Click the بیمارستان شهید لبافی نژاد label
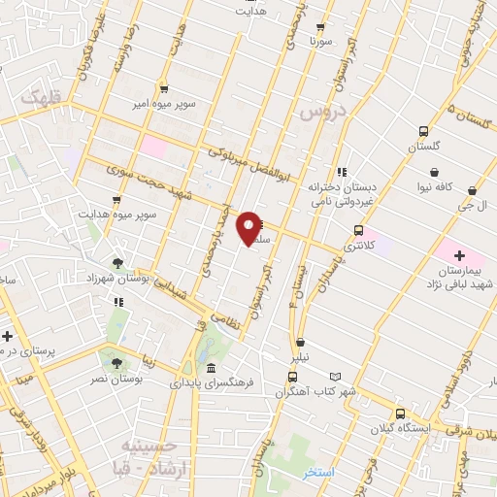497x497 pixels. click(459, 275)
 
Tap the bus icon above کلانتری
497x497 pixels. click(359, 231)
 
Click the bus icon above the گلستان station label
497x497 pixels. click(423, 132)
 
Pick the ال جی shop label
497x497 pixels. click(471, 206)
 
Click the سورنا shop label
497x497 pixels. click(320, 43)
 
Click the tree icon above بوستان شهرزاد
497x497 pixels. click(116, 263)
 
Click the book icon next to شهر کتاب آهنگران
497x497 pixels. click(336, 376)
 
